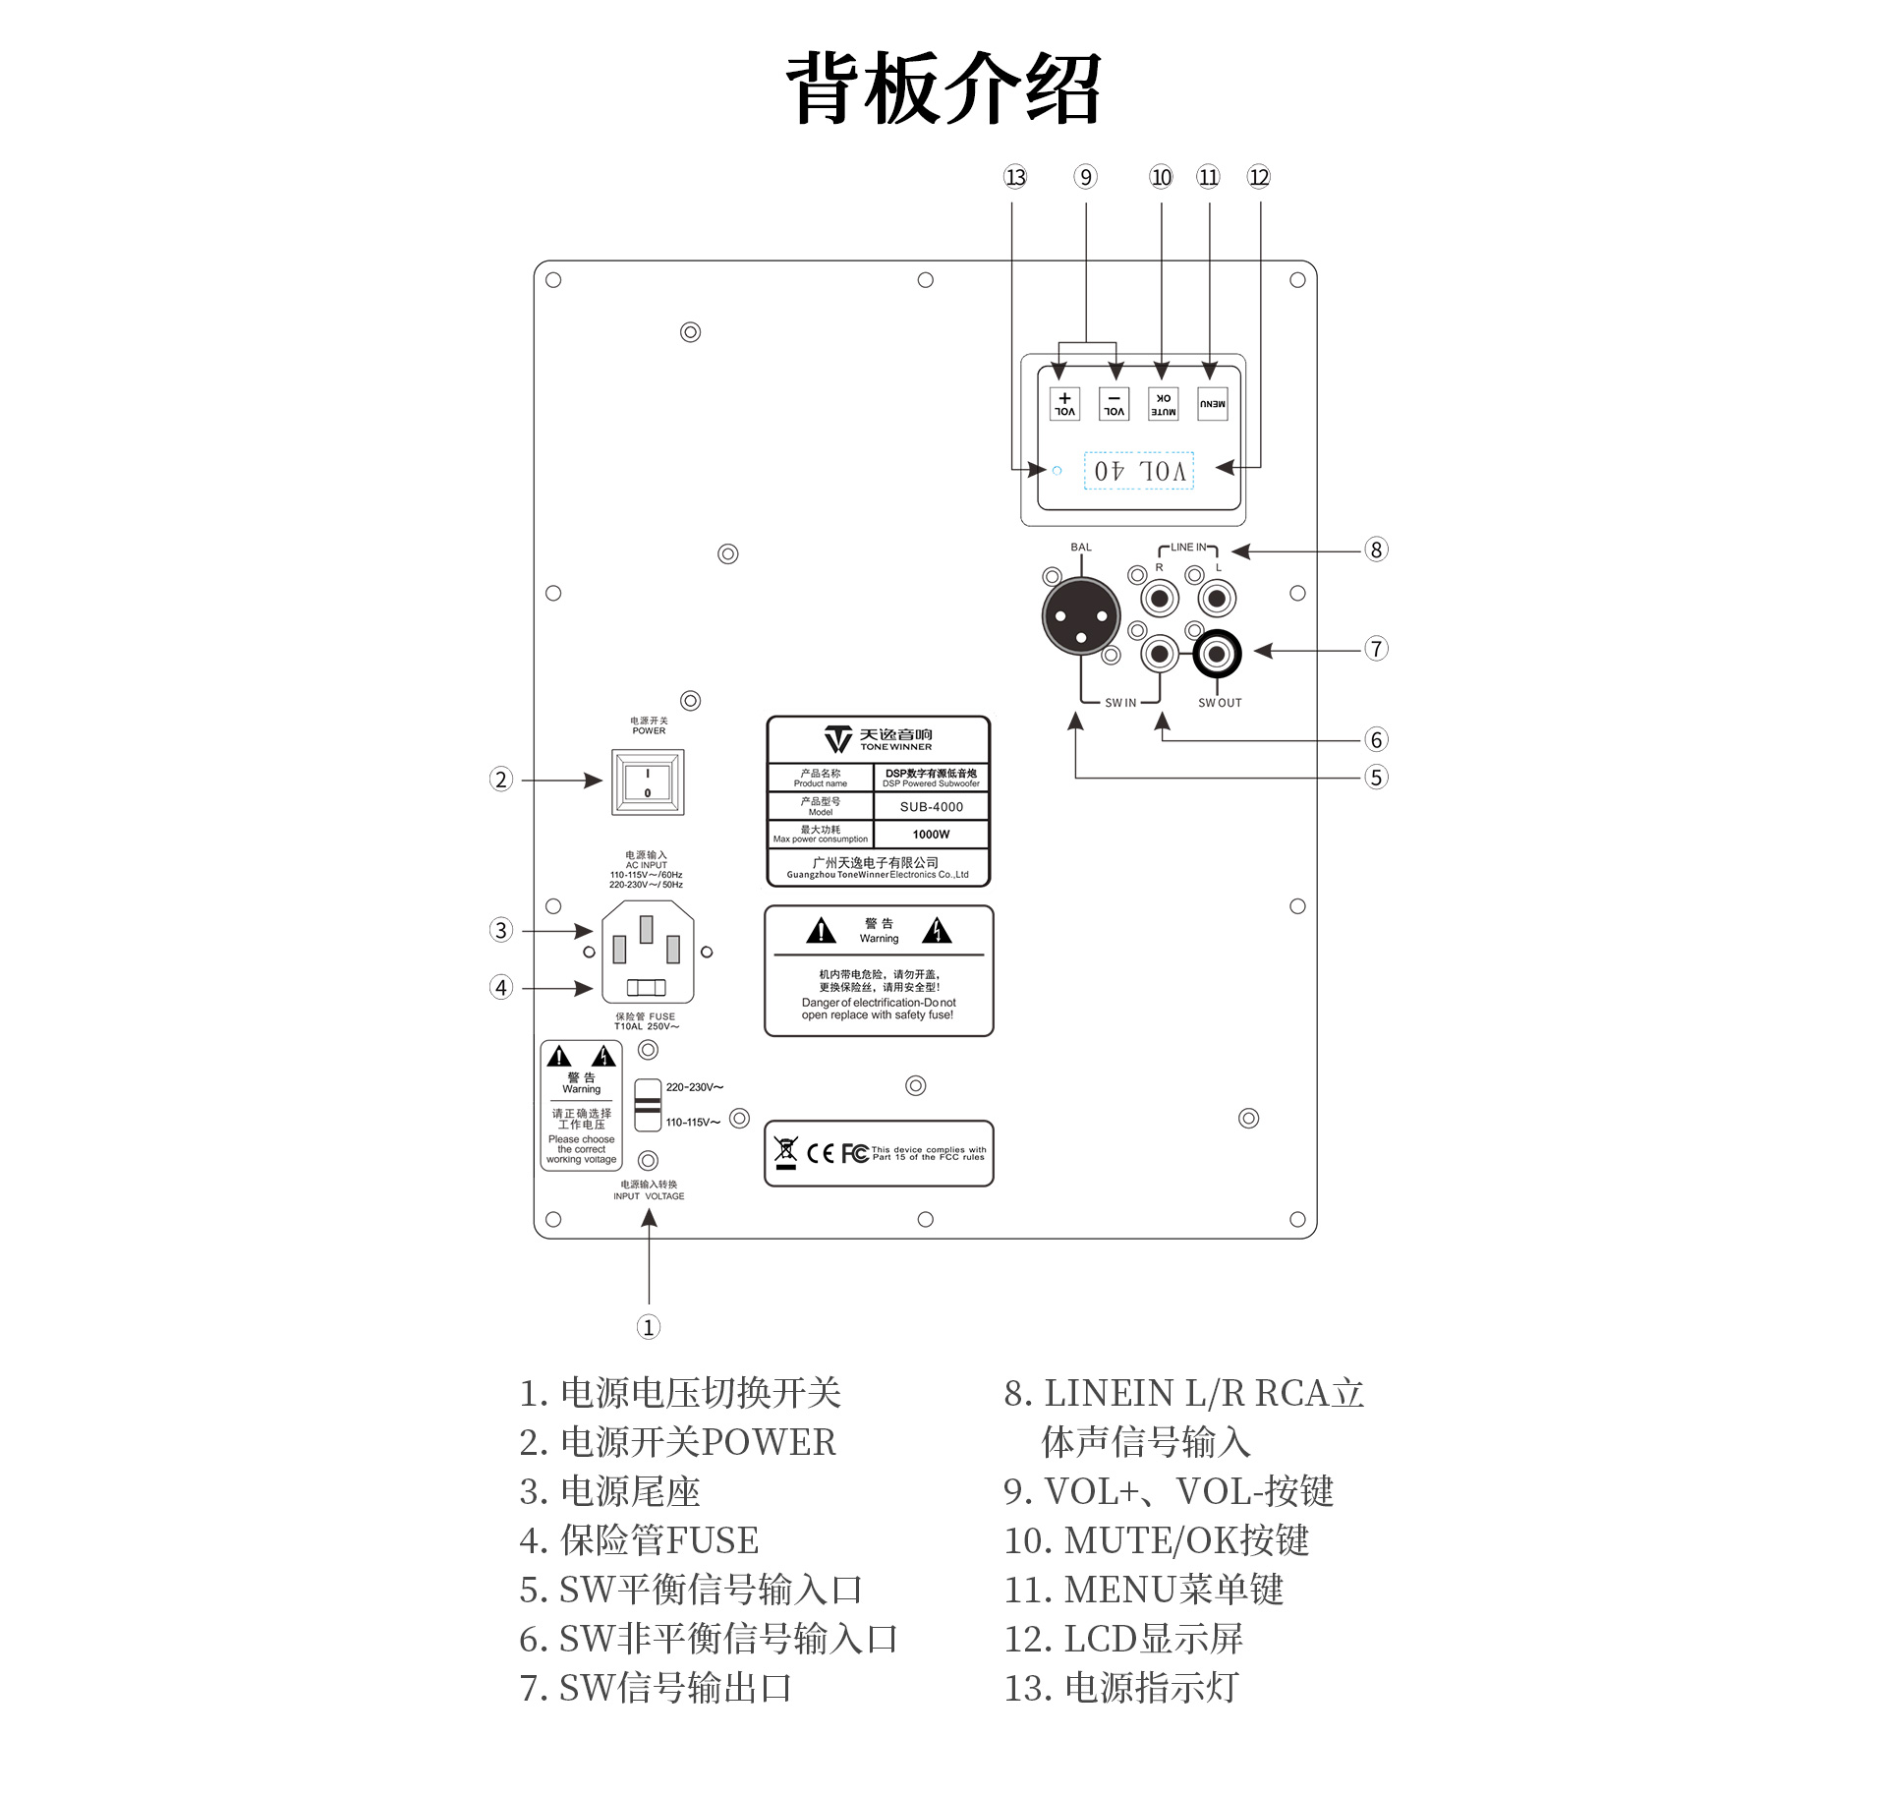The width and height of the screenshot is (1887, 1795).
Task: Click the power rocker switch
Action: click(648, 782)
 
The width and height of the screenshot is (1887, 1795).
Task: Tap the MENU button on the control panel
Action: click(1212, 404)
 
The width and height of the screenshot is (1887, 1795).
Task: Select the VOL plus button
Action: click(1064, 404)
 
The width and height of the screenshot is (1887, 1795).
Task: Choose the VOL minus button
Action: click(1114, 404)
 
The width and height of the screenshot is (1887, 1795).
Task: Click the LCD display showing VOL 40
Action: click(1138, 471)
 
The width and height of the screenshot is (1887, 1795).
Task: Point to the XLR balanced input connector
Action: click(1080, 616)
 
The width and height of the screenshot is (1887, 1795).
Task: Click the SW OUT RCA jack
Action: click(1217, 654)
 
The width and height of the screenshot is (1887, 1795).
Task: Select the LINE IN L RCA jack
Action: click(1217, 598)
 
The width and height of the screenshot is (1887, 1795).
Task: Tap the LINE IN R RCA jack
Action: click(1160, 598)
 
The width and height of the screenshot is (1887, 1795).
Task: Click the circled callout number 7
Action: click(1376, 649)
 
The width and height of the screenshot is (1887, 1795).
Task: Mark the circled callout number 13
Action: click(1015, 177)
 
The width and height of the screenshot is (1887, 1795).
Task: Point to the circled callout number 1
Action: click(648, 1327)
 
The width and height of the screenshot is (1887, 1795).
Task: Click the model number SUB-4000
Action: click(932, 807)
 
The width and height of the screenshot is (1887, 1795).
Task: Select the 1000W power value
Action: click(932, 835)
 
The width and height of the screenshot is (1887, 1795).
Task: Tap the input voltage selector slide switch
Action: click(648, 1105)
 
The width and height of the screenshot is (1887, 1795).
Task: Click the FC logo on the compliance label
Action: click(855, 1153)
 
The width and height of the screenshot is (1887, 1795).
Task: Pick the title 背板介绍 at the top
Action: click(943, 88)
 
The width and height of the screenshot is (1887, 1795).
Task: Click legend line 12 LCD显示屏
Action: click(1123, 1639)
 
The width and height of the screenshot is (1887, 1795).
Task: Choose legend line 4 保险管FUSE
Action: click(639, 1540)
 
